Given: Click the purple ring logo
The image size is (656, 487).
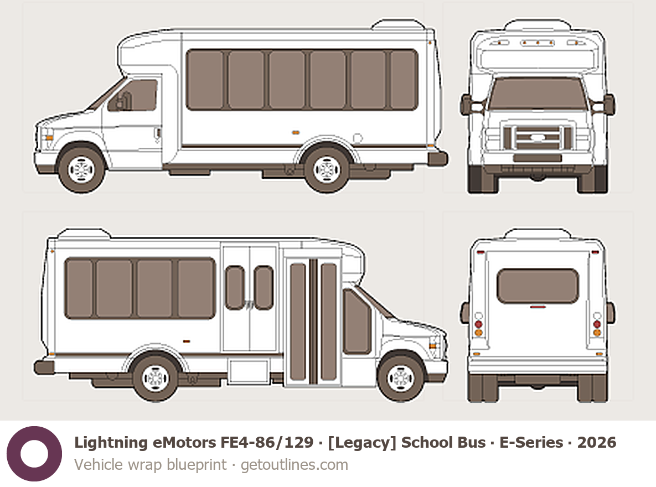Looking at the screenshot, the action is click(x=34, y=454).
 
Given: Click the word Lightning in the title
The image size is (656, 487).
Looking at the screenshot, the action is click(x=111, y=443).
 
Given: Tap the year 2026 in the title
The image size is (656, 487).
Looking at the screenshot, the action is click(x=597, y=443).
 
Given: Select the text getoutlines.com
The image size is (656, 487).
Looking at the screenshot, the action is click(x=294, y=465).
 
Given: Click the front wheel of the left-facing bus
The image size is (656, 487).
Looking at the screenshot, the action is click(x=81, y=169).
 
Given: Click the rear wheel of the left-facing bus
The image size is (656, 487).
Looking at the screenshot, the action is click(x=326, y=169).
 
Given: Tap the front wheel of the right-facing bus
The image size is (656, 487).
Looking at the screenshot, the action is click(x=400, y=378).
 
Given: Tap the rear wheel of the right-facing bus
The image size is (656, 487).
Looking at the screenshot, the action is click(x=156, y=378).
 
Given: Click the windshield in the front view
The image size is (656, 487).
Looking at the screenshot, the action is click(x=538, y=94).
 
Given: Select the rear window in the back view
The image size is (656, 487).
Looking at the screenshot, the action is click(x=538, y=286).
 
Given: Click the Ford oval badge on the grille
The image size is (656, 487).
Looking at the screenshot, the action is click(x=537, y=137).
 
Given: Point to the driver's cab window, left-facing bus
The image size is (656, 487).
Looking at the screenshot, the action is click(x=133, y=95).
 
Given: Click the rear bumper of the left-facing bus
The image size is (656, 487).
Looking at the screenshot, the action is click(x=438, y=159).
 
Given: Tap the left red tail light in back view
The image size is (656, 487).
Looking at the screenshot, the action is click(x=479, y=324).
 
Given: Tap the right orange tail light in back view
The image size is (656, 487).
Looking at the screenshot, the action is click(x=597, y=333).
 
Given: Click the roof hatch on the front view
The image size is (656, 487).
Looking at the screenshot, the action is click(x=538, y=25).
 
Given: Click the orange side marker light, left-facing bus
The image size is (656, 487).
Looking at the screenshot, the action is click(x=296, y=133).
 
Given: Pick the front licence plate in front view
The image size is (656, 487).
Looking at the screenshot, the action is click(x=538, y=158).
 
